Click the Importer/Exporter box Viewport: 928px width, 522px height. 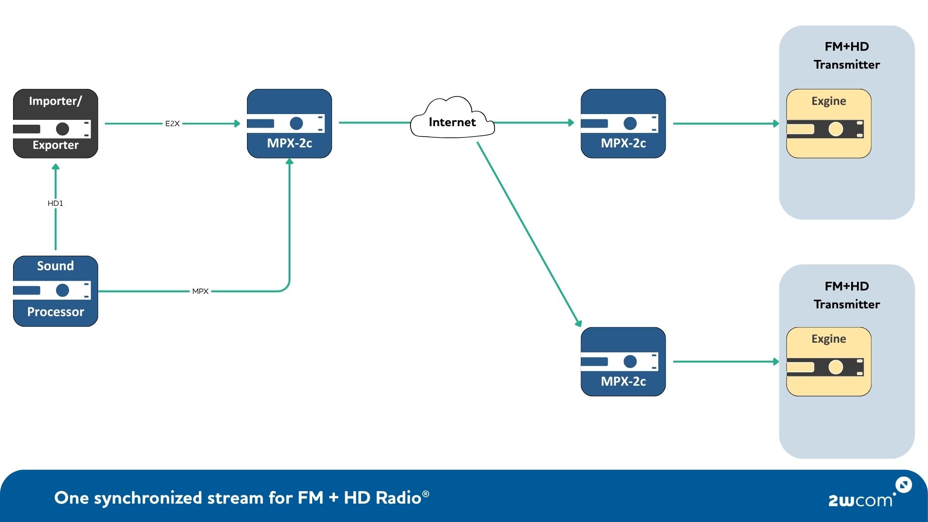point(55,123)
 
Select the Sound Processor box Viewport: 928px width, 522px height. point(55,291)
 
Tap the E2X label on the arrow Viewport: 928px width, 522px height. point(172,124)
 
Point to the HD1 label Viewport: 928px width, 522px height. point(55,203)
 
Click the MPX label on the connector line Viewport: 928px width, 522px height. point(200,291)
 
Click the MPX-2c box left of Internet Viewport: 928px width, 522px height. point(289,123)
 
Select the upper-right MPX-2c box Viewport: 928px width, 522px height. point(623,123)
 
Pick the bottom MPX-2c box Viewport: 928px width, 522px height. point(623,362)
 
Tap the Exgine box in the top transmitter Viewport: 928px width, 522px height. point(828,123)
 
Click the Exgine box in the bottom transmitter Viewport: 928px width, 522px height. point(828,362)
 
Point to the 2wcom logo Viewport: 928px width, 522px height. point(865,496)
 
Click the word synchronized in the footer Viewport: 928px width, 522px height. point(147,498)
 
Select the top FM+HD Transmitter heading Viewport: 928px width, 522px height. point(846,56)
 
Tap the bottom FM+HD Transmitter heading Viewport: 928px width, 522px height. point(846,295)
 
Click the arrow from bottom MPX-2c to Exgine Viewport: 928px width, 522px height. point(725,362)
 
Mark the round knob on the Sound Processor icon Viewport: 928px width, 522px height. point(62,290)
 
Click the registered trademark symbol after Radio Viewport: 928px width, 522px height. point(425,493)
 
